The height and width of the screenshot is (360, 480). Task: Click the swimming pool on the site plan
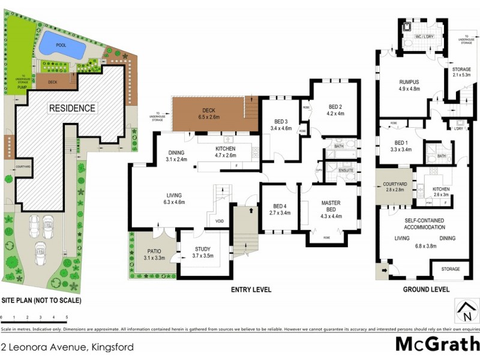[60, 46]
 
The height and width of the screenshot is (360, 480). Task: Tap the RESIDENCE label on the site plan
[72, 108]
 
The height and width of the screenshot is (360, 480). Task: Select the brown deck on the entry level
[208, 114]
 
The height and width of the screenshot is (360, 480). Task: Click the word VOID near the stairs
[219, 221]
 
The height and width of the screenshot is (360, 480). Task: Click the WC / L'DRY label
[425, 37]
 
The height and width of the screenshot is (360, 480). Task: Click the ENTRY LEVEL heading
[251, 289]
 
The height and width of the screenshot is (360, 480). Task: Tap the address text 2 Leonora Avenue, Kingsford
[67, 347]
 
